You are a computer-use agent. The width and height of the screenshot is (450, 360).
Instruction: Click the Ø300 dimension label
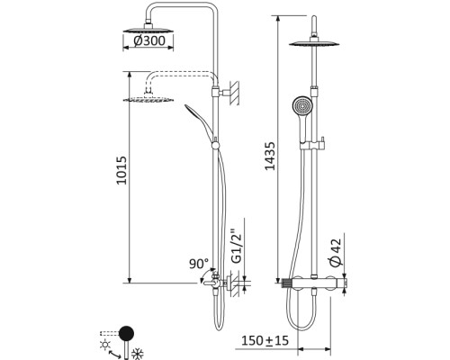149,41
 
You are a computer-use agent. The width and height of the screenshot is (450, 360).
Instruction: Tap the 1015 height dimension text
121,170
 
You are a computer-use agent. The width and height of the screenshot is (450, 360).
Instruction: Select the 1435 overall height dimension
270,156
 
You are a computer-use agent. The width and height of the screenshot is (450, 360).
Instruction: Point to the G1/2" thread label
237,247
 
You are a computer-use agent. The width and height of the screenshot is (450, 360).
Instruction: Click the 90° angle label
199,264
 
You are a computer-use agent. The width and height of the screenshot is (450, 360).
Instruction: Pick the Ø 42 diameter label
336,253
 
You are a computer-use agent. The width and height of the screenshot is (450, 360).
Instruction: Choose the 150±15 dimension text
265,340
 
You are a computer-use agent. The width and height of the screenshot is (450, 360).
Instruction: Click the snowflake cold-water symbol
137,353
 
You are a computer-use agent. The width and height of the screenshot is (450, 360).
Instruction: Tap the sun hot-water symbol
105,345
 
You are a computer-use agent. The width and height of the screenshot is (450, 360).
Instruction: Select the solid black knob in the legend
126,333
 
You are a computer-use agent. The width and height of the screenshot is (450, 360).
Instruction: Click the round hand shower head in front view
302,106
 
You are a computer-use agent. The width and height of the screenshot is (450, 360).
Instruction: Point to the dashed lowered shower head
148,99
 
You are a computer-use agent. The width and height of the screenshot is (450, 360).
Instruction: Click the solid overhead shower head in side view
148,30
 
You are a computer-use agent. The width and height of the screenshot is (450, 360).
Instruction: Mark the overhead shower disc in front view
314,44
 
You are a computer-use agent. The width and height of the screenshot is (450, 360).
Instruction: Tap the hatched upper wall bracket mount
234,93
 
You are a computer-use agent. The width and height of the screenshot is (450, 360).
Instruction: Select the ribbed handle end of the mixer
287,283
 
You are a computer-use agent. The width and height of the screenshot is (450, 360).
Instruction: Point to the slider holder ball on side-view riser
215,146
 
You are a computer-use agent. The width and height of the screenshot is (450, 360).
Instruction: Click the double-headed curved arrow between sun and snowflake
114,355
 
